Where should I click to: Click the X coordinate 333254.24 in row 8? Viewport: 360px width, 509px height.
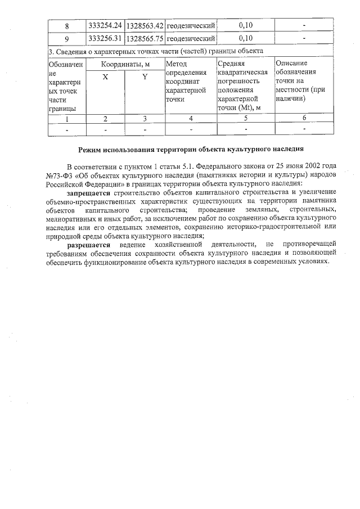point(105,26)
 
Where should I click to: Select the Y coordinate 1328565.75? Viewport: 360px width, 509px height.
point(145,38)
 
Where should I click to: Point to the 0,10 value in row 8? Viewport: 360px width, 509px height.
point(246,26)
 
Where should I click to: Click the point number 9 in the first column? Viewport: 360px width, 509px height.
point(67,38)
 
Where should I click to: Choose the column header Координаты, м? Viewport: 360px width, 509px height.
point(125,64)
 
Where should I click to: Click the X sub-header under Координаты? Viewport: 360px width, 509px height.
point(105,76)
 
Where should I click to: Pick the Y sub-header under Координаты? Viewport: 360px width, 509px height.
point(145,76)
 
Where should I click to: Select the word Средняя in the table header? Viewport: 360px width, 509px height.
point(232,64)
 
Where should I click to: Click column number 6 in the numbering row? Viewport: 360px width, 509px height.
point(304,118)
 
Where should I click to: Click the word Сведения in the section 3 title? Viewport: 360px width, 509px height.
point(73,52)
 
